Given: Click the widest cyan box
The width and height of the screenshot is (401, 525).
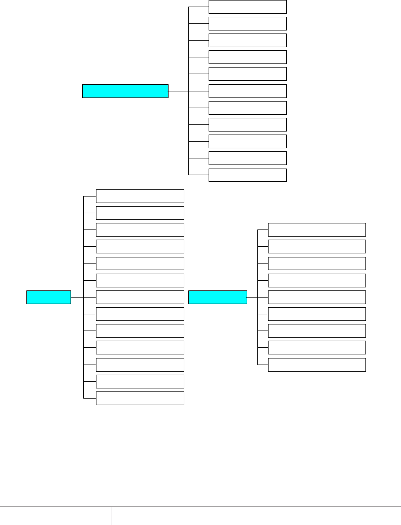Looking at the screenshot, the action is [x=125, y=91].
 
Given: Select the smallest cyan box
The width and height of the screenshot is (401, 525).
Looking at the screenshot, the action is [x=49, y=297].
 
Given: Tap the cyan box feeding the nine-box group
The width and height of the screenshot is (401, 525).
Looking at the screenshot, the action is [x=217, y=297].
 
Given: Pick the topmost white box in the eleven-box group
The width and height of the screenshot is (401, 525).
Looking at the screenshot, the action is [x=248, y=7].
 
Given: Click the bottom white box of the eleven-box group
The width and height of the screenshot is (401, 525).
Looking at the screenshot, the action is [x=248, y=175].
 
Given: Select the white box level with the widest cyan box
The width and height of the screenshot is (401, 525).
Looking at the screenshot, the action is [x=248, y=91].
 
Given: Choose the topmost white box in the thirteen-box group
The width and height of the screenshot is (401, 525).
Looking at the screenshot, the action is [x=140, y=196].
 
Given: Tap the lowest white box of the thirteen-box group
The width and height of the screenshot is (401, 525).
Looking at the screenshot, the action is [x=140, y=398].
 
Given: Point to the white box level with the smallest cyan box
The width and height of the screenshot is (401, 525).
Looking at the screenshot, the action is [x=140, y=297].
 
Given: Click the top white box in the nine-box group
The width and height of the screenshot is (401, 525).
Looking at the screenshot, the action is [x=317, y=229].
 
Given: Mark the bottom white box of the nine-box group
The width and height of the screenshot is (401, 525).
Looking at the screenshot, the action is [x=317, y=365].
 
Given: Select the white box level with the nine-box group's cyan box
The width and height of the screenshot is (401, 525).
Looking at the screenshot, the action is [x=317, y=297].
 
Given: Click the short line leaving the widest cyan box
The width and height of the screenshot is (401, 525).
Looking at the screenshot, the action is [x=178, y=91].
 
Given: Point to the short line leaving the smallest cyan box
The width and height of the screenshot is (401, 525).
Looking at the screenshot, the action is [x=77, y=297].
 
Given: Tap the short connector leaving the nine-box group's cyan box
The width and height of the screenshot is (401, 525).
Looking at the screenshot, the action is [x=252, y=297].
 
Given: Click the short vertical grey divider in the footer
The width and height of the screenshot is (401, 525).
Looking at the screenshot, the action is [x=112, y=515].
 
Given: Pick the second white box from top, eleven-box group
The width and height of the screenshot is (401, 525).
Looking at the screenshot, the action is [x=248, y=23].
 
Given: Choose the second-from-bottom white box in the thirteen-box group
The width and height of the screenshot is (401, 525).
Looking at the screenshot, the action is [x=140, y=381].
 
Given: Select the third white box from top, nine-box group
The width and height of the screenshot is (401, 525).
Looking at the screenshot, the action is [x=317, y=263].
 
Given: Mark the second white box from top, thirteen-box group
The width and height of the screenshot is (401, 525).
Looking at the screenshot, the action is [x=140, y=213].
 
